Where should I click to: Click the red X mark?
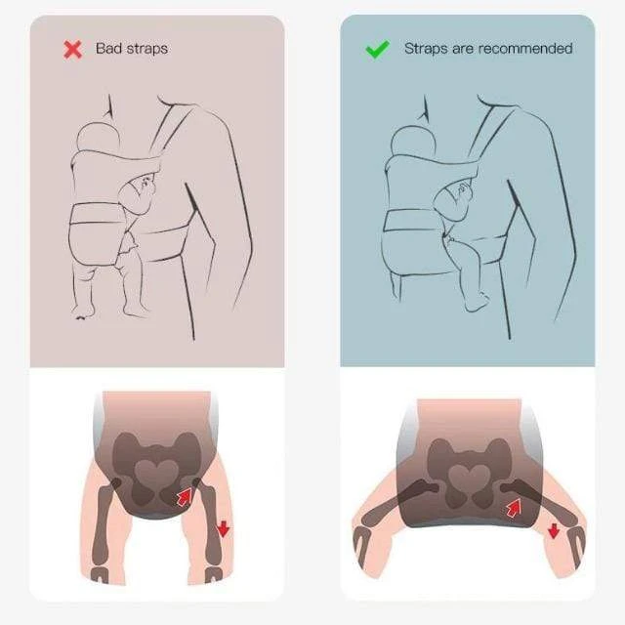(x=73, y=50)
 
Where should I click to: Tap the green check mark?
(x=377, y=50)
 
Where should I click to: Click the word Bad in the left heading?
(x=107, y=48)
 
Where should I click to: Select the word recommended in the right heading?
(x=525, y=48)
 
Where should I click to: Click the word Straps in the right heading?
(x=426, y=49)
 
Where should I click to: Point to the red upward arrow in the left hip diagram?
(x=185, y=497)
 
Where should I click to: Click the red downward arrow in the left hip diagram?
(x=224, y=528)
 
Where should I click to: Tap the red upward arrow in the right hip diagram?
(x=514, y=508)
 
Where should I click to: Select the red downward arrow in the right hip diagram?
(x=554, y=531)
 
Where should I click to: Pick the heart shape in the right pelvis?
(x=469, y=478)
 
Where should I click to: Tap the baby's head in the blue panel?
(x=412, y=142)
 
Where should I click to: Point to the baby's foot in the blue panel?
(x=478, y=302)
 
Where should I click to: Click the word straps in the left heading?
(x=145, y=49)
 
